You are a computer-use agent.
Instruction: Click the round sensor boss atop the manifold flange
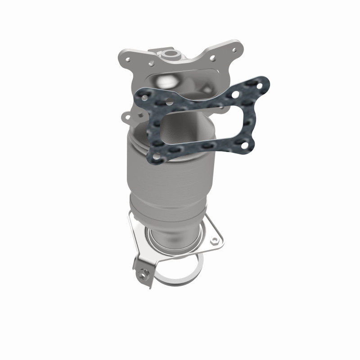pos(171,55)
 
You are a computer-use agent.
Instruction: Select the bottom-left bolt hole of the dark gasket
pos(156,156)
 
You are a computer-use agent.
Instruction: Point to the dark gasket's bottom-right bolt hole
pos(245,145)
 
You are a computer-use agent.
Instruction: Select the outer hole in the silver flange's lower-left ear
pos(128,116)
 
